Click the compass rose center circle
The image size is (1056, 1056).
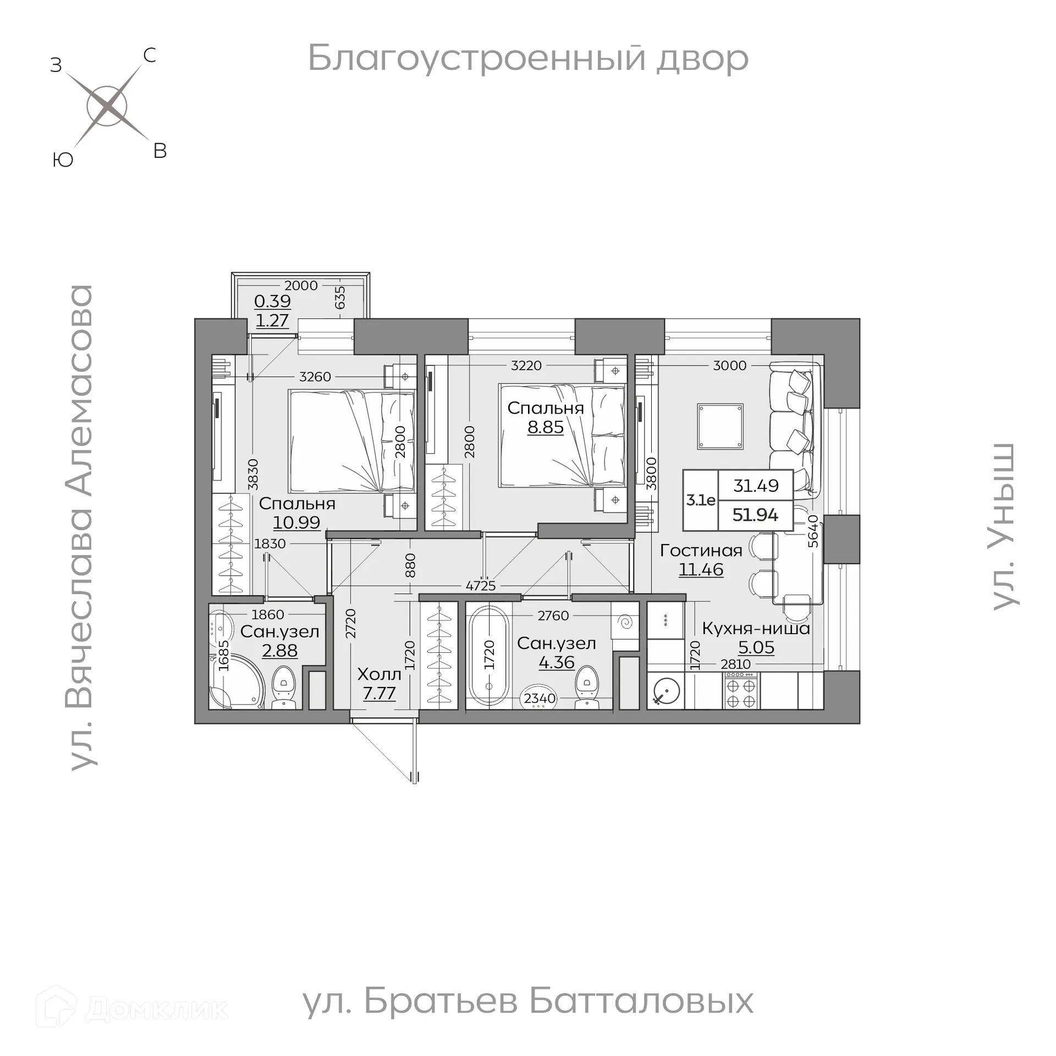107,106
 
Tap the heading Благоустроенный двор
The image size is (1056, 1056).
527,58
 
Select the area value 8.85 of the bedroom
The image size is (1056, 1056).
545,427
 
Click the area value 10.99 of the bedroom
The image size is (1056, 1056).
296,522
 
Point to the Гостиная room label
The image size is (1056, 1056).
701,550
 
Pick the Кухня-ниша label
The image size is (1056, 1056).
756,628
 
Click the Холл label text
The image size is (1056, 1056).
379,674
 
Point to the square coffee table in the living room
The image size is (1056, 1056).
720,426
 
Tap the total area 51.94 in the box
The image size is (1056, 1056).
755,515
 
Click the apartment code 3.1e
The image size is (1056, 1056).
701,500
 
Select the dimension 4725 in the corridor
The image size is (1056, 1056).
480,586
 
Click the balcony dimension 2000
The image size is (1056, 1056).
301,285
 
